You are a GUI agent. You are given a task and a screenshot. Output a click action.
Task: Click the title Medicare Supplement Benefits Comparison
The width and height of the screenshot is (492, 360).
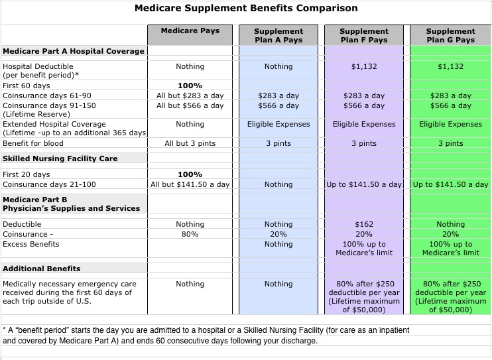[x=246, y=9]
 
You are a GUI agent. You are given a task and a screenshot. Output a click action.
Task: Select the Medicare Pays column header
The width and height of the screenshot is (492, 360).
[x=190, y=31]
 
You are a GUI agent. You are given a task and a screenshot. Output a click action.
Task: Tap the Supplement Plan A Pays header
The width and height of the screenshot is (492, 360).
[x=278, y=35]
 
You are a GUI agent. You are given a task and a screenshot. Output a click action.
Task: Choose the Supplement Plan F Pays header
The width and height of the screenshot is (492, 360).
[x=364, y=35]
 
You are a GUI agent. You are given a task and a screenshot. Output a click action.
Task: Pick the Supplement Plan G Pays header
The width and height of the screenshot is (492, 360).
[x=450, y=35]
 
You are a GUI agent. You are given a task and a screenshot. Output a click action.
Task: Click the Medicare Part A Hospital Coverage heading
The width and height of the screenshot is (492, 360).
[x=73, y=51]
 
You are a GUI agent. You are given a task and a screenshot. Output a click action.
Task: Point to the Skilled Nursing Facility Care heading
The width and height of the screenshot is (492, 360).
[x=60, y=159]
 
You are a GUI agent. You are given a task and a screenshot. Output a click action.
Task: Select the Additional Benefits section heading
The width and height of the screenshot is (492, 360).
[x=42, y=269]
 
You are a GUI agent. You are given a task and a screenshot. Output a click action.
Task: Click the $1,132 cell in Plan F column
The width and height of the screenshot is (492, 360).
[x=364, y=66]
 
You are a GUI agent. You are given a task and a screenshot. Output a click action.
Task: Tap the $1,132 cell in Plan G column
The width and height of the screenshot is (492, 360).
[x=450, y=66]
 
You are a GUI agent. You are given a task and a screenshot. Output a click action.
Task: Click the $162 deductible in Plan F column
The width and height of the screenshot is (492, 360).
[x=364, y=225]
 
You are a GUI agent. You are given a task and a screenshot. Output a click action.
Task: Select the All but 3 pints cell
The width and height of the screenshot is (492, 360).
[x=190, y=143]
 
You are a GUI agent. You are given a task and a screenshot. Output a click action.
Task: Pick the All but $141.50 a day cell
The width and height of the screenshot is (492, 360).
[x=190, y=184]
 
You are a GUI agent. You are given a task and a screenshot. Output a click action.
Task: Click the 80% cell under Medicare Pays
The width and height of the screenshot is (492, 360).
[x=190, y=234]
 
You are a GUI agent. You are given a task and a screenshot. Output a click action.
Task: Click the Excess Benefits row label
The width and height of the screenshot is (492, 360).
[x=31, y=244]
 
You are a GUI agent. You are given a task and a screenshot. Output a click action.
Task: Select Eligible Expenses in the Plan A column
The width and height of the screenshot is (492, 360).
[x=278, y=124]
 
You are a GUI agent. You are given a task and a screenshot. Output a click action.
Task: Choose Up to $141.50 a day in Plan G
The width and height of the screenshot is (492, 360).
[x=450, y=184]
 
